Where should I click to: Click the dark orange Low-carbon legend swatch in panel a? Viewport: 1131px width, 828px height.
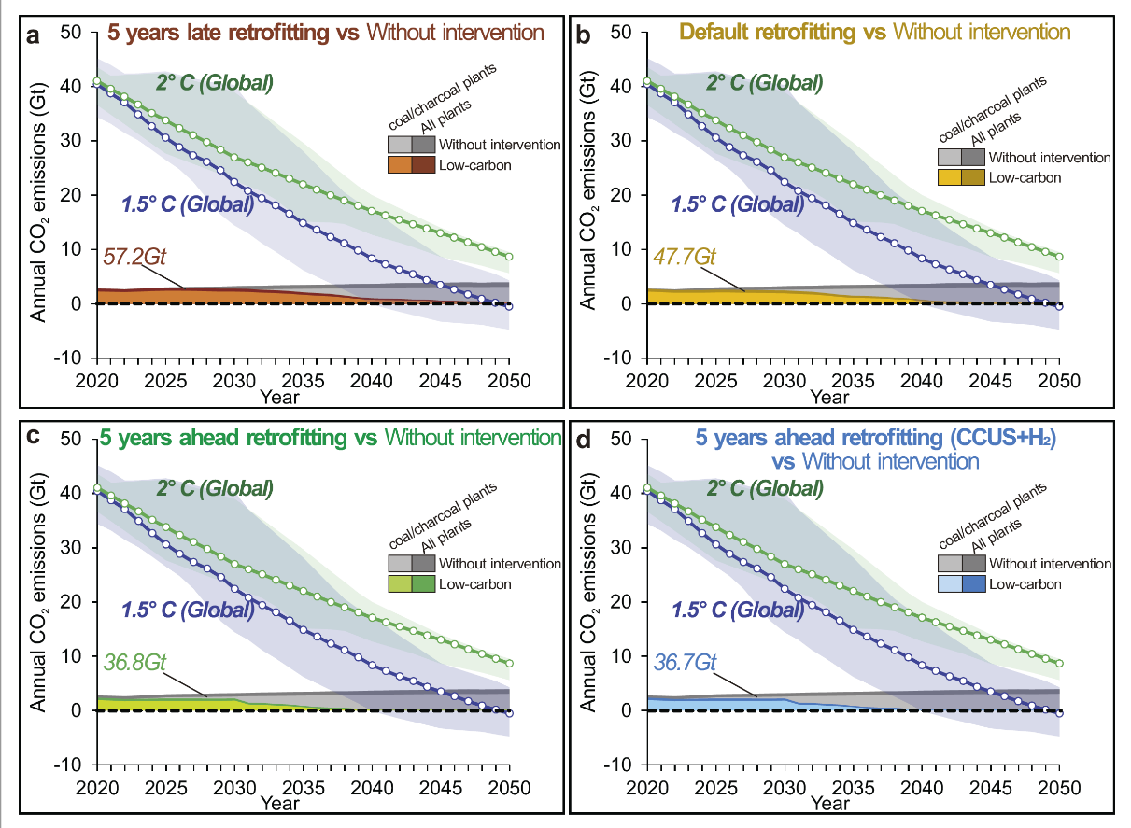422,165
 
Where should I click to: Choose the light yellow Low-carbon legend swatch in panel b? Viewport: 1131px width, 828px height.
950,177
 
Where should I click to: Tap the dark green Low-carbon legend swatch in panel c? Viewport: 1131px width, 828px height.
422,584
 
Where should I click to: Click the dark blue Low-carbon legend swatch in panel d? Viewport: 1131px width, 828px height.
972,584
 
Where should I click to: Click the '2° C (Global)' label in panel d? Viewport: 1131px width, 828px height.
764,488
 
